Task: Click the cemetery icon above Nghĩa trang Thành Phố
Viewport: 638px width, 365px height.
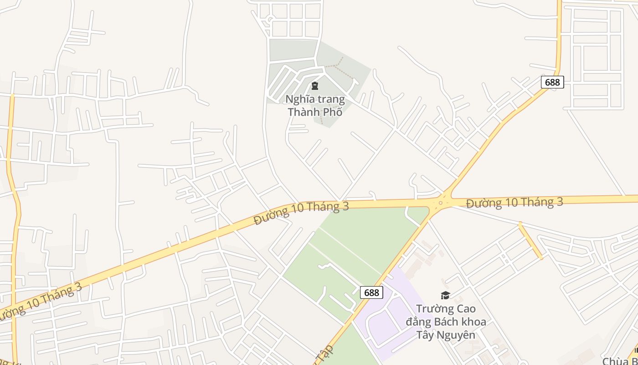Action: (314, 85)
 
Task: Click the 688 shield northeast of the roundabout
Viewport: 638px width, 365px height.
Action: (552, 82)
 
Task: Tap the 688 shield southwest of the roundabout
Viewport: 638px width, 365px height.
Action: (371, 292)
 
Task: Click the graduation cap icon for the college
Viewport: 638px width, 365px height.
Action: (445, 296)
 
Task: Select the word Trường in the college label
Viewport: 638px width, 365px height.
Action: (435, 309)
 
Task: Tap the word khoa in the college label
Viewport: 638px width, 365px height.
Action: (474, 322)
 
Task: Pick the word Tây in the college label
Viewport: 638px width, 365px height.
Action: (425, 335)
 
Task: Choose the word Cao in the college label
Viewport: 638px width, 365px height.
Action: (466, 309)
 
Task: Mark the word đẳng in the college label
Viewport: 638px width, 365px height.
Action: (418, 322)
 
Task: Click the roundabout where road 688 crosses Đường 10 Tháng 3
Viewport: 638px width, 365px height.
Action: (440, 202)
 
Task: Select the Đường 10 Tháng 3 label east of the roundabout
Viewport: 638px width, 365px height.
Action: (515, 202)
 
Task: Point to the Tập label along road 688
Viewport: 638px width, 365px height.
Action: (325, 354)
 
